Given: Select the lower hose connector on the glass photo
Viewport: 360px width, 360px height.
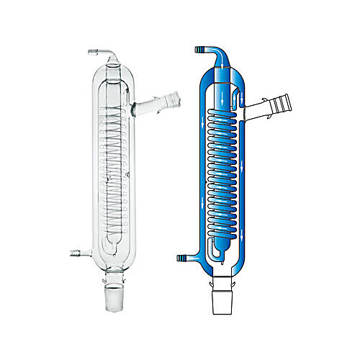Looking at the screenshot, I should pos(74,253).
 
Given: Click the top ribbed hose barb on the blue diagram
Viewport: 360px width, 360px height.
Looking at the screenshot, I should pos(198,50).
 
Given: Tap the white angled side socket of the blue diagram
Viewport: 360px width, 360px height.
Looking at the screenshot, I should pos(270,106).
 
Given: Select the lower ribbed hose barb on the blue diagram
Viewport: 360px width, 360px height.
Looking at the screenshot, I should pos(182,257).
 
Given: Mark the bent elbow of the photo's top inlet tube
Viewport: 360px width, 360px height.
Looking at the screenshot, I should pos(110,55).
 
